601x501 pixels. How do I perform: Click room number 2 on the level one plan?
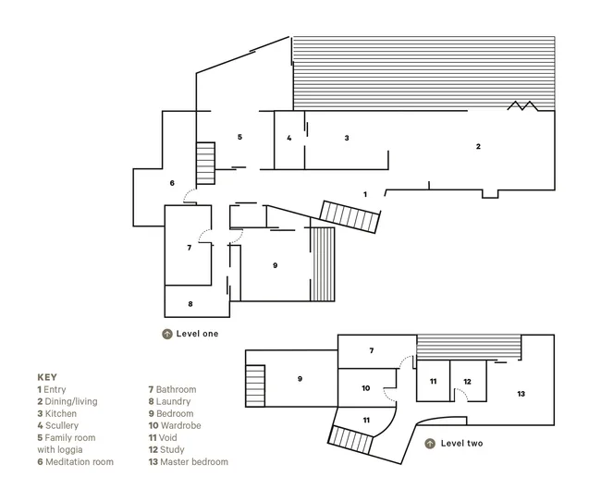(x=478, y=146)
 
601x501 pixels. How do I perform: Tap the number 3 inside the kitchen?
(x=347, y=138)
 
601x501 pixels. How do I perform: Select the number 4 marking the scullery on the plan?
(x=289, y=138)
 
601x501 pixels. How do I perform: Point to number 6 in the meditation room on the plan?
(x=172, y=183)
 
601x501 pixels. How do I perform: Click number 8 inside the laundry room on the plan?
(x=190, y=304)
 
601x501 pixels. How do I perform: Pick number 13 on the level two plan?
(x=521, y=394)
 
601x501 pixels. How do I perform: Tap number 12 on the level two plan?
(x=467, y=382)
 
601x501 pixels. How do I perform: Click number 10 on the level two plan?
(x=366, y=388)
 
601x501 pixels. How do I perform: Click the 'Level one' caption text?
(x=197, y=334)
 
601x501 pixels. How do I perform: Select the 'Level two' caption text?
(x=461, y=444)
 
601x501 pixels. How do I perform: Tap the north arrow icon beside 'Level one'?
(x=167, y=334)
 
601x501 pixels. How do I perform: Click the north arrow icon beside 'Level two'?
(x=430, y=444)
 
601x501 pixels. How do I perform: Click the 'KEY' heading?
(x=47, y=377)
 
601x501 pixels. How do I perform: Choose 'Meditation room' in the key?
(x=80, y=462)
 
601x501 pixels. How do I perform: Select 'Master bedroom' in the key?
(x=194, y=462)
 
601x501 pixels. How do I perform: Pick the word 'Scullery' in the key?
(x=62, y=425)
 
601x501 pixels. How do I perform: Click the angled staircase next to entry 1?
(x=350, y=216)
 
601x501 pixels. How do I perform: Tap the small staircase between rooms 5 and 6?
(x=205, y=164)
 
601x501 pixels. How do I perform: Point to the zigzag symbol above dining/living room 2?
(x=522, y=105)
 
